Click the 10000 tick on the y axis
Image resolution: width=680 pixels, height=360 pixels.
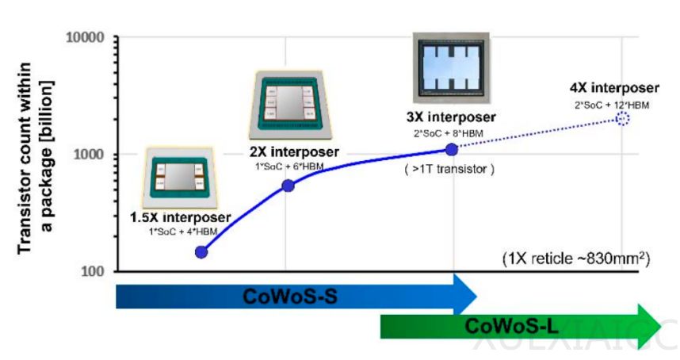pos(88,38)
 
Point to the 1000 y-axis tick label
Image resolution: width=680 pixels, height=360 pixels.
pos(91,155)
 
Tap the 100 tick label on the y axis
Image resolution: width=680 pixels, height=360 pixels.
pos(95,271)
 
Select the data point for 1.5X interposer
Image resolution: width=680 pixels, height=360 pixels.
pos(201,252)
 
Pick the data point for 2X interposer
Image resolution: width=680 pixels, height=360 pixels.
pos(288,186)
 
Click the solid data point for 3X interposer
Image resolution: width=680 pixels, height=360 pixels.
pos(452,149)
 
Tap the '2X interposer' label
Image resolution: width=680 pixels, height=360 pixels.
pos(294,152)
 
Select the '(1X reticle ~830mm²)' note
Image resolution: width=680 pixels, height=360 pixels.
pos(576,259)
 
